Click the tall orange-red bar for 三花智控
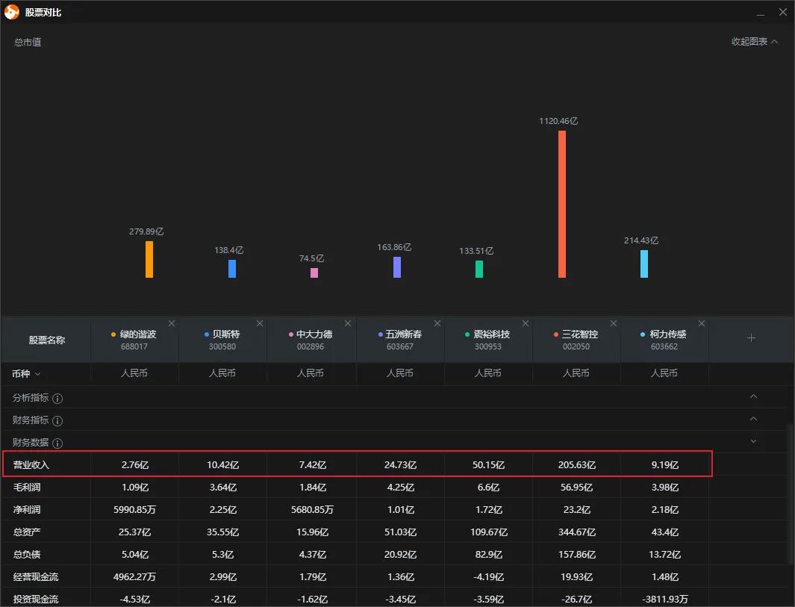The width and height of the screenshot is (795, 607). coord(562,204)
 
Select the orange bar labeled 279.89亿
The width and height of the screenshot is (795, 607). coord(149,259)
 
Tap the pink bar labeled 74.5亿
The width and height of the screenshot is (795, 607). coord(314,273)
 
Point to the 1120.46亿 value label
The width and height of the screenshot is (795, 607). coord(558,121)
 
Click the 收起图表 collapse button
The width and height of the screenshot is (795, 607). coord(754,42)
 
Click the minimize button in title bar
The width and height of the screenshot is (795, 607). coord(761,13)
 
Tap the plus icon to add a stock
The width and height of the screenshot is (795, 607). coord(751,338)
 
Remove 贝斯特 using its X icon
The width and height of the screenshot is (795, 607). coord(260,323)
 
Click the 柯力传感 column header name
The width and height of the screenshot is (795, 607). coord(667,334)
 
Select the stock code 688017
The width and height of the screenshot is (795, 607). coord(134,347)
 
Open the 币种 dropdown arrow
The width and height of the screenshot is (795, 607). coord(37,373)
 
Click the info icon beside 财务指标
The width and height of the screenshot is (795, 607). coord(57,421)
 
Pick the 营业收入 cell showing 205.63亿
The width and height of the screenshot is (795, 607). coord(576,465)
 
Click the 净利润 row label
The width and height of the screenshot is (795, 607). coord(26,510)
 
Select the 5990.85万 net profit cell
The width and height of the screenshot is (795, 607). coord(134,510)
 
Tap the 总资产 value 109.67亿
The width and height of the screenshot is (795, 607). coord(488,532)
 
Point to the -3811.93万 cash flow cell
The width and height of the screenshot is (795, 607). coord(664,599)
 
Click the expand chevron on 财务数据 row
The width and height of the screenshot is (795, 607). coord(753,441)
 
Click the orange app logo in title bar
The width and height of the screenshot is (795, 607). coord(12,12)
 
